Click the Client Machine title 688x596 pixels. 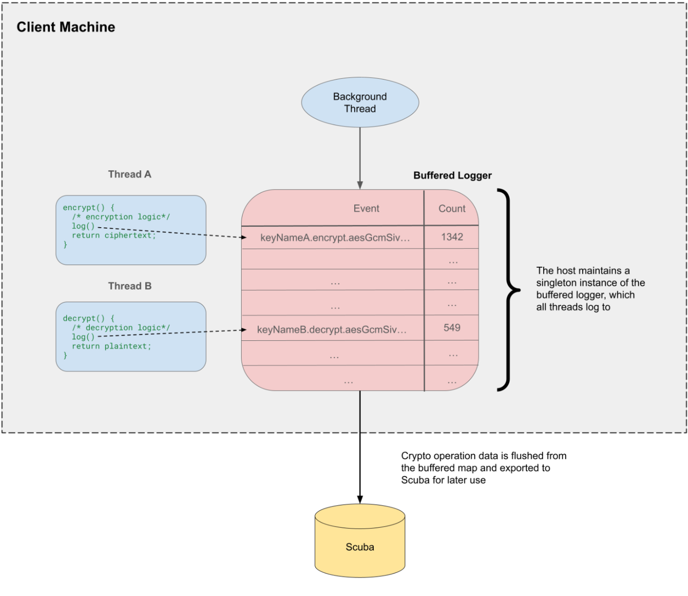pyautogui.click(x=66, y=27)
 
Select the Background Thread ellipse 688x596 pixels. pyautogui.click(x=360, y=102)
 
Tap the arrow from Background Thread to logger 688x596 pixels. pyautogui.click(x=360, y=158)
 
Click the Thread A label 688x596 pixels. pyautogui.click(x=129, y=174)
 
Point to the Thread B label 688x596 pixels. pyautogui.click(x=129, y=286)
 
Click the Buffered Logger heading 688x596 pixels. pyautogui.click(x=452, y=176)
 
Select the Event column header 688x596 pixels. pyautogui.click(x=366, y=209)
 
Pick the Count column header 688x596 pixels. pyautogui.click(x=452, y=209)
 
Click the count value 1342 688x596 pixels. pyautogui.click(x=452, y=237)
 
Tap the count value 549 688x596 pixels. pyautogui.click(x=452, y=328)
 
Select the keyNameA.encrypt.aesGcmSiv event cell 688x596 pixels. pyautogui.click(x=335, y=237)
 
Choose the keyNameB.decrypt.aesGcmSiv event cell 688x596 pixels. pyautogui.click(x=331, y=330)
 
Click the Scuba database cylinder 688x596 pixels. pyautogui.click(x=360, y=542)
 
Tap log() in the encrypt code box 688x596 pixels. pyautogui.click(x=83, y=226)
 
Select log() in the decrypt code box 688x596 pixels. pyautogui.click(x=83, y=337)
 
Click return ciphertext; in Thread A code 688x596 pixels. pyautogui.click(x=114, y=236)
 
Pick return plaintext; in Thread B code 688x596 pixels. pyautogui.click(x=111, y=346)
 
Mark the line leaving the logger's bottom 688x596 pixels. pyautogui.click(x=360, y=412)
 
